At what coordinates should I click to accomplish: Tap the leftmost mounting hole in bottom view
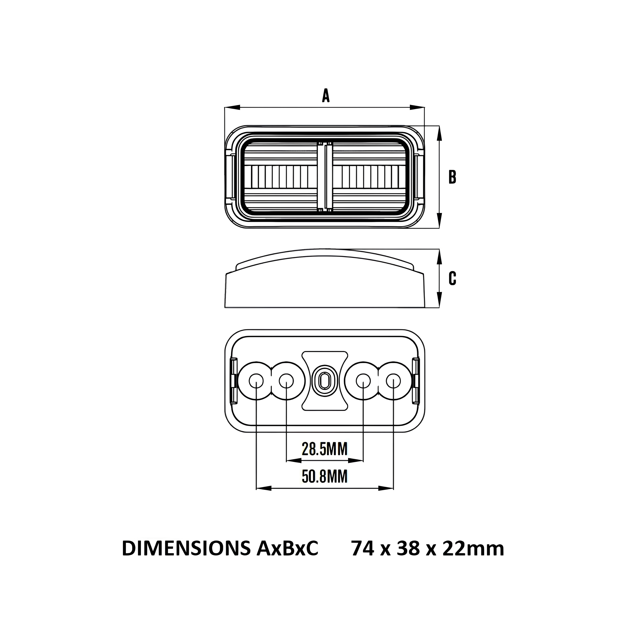(x=256, y=380)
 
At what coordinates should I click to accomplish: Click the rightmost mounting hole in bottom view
(x=393, y=380)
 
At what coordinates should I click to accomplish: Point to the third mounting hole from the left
(x=363, y=380)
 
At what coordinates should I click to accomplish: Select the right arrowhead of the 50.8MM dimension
(x=386, y=488)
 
